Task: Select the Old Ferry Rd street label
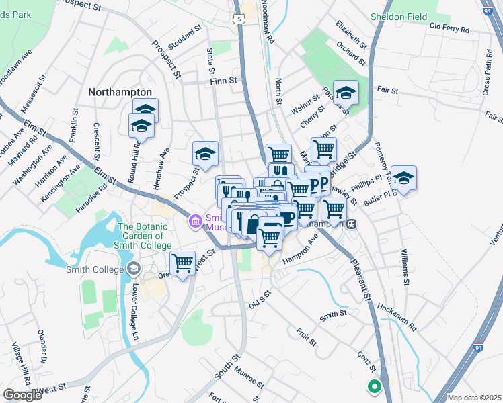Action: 449,27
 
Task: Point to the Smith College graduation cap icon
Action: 133,269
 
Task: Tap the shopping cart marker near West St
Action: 182,263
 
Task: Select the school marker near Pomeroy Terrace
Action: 403,178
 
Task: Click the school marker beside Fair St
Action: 346,93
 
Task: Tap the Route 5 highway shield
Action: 239,19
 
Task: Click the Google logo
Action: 22,395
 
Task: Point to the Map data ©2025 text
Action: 474,398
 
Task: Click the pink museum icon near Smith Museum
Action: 196,220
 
